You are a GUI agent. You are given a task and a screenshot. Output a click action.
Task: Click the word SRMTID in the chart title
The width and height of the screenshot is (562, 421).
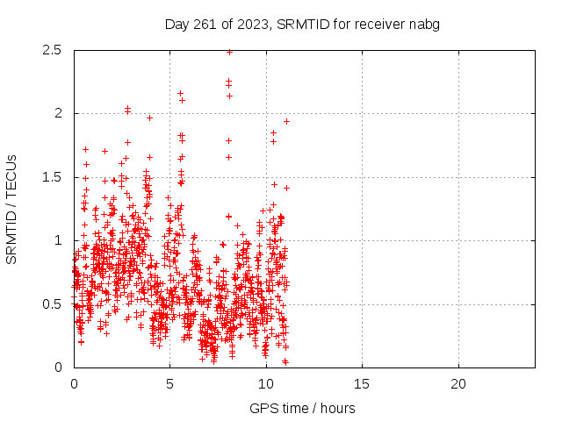(299, 24)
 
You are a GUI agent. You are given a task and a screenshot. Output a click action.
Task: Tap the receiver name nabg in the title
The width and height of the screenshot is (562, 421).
(423, 24)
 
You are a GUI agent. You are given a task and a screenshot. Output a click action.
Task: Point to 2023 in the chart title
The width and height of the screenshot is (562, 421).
(249, 24)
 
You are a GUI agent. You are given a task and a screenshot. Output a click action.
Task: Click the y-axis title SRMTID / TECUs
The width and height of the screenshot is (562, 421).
(12, 209)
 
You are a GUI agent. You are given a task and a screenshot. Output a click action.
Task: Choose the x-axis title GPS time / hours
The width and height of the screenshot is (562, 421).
(302, 408)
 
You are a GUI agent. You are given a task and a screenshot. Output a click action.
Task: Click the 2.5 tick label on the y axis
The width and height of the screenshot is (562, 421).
(51, 50)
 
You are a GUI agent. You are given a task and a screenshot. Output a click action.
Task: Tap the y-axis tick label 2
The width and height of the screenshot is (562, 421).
(58, 113)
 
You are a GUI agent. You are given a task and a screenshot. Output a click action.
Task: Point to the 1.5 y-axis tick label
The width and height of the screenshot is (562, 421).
(51, 177)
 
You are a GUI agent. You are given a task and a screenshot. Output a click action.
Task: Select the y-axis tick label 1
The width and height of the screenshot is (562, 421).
(58, 240)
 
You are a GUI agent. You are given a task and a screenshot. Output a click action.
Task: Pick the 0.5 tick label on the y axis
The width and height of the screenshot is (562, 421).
(51, 304)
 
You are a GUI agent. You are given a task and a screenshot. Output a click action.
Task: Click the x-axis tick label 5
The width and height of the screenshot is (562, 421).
(169, 384)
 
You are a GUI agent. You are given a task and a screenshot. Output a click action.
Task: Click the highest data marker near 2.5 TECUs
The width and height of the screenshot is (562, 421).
(229, 52)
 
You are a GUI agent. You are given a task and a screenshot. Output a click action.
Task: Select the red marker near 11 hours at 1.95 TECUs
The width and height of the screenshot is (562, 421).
(286, 121)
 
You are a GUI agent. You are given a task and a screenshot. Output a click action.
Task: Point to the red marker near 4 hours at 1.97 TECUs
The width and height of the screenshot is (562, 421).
(149, 118)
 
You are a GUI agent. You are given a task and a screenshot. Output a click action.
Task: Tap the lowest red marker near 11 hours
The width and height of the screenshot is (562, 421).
(285, 361)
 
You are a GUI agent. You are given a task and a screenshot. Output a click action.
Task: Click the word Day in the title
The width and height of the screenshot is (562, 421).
(177, 24)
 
